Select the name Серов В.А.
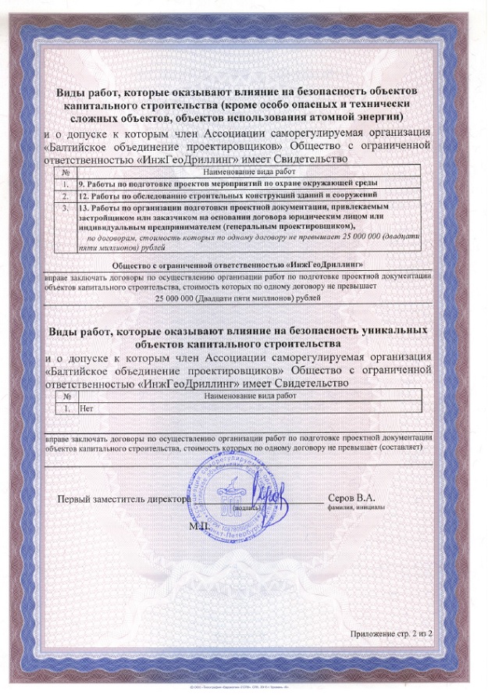tap(351, 497)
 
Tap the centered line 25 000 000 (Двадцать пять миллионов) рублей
tap(238, 299)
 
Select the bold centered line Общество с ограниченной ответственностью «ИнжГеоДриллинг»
tap(238, 266)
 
